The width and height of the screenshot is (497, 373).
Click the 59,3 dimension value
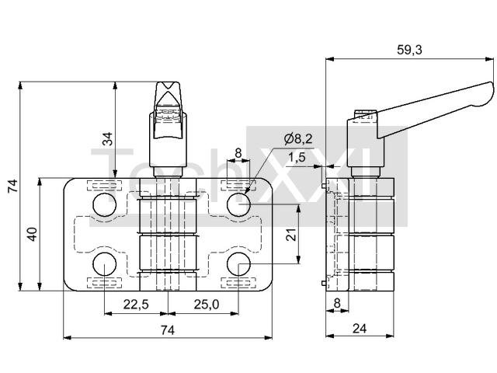(x=409, y=50)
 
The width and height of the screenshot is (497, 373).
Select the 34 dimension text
(x=109, y=138)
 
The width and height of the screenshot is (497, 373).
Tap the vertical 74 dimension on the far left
(x=13, y=186)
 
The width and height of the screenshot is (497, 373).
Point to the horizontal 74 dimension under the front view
(x=168, y=330)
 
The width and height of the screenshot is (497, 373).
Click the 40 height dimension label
(x=33, y=235)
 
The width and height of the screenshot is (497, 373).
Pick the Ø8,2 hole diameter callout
(x=298, y=138)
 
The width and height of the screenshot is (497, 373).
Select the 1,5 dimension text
(x=297, y=157)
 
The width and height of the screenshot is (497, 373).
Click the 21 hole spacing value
(x=291, y=235)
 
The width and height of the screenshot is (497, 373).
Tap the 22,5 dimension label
(x=136, y=305)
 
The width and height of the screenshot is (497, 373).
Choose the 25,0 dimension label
(x=207, y=305)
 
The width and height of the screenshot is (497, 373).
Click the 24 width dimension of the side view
(x=360, y=329)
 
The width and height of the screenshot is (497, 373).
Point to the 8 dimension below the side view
(x=337, y=303)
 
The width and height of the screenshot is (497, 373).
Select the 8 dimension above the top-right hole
(x=238, y=154)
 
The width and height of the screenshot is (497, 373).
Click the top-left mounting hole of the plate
(x=105, y=205)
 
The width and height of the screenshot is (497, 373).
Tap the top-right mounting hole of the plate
(x=238, y=205)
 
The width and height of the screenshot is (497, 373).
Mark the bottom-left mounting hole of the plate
(x=105, y=264)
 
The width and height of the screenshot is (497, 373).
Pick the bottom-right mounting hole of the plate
(x=238, y=264)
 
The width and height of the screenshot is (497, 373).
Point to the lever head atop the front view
(x=168, y=95)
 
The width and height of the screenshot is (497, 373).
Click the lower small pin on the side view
(x=323, y=283)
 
